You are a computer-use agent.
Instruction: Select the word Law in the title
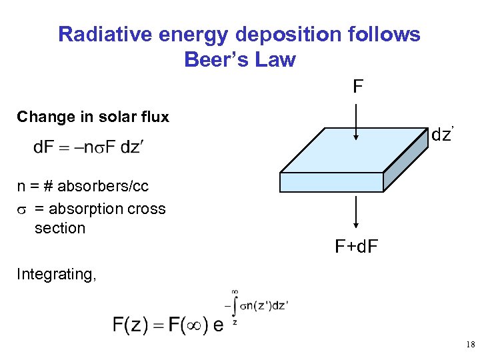[x=273, y=59]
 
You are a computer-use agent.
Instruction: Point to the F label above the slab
[x=358, y=87]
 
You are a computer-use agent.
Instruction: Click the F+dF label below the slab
[x=357, y=247]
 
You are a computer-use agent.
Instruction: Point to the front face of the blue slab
[x=332, y=181]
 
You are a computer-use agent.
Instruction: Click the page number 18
[x=470, y=345]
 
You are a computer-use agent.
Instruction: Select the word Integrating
[x=56, y=274]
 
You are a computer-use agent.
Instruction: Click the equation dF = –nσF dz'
[x=88, y=147]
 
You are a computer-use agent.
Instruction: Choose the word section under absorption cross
[x=60, y=228]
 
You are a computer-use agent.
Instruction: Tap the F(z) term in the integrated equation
[x=132, y=326]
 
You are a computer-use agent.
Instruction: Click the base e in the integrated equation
[x=218, y=327]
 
